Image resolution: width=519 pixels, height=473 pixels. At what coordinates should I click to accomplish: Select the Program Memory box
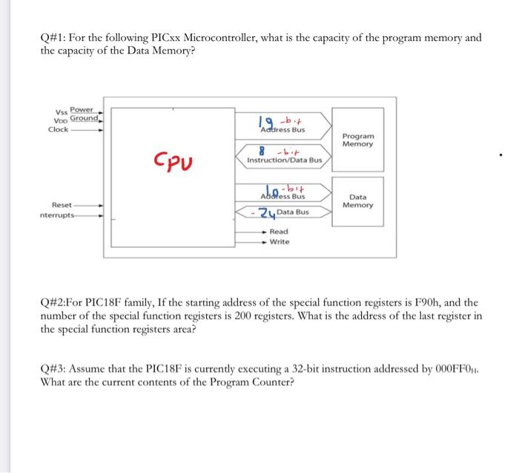tap(358, 140)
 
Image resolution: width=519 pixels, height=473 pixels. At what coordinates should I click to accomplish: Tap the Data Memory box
tap(358, 200)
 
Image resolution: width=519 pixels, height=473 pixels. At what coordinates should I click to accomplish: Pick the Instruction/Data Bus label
tap(285, 160)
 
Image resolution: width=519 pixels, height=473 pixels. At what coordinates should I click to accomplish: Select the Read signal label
tap(279, 232)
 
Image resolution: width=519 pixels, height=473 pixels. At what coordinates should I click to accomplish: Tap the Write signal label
tap(280, 242)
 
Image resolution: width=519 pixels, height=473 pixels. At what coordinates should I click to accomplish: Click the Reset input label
tap(61, 205)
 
